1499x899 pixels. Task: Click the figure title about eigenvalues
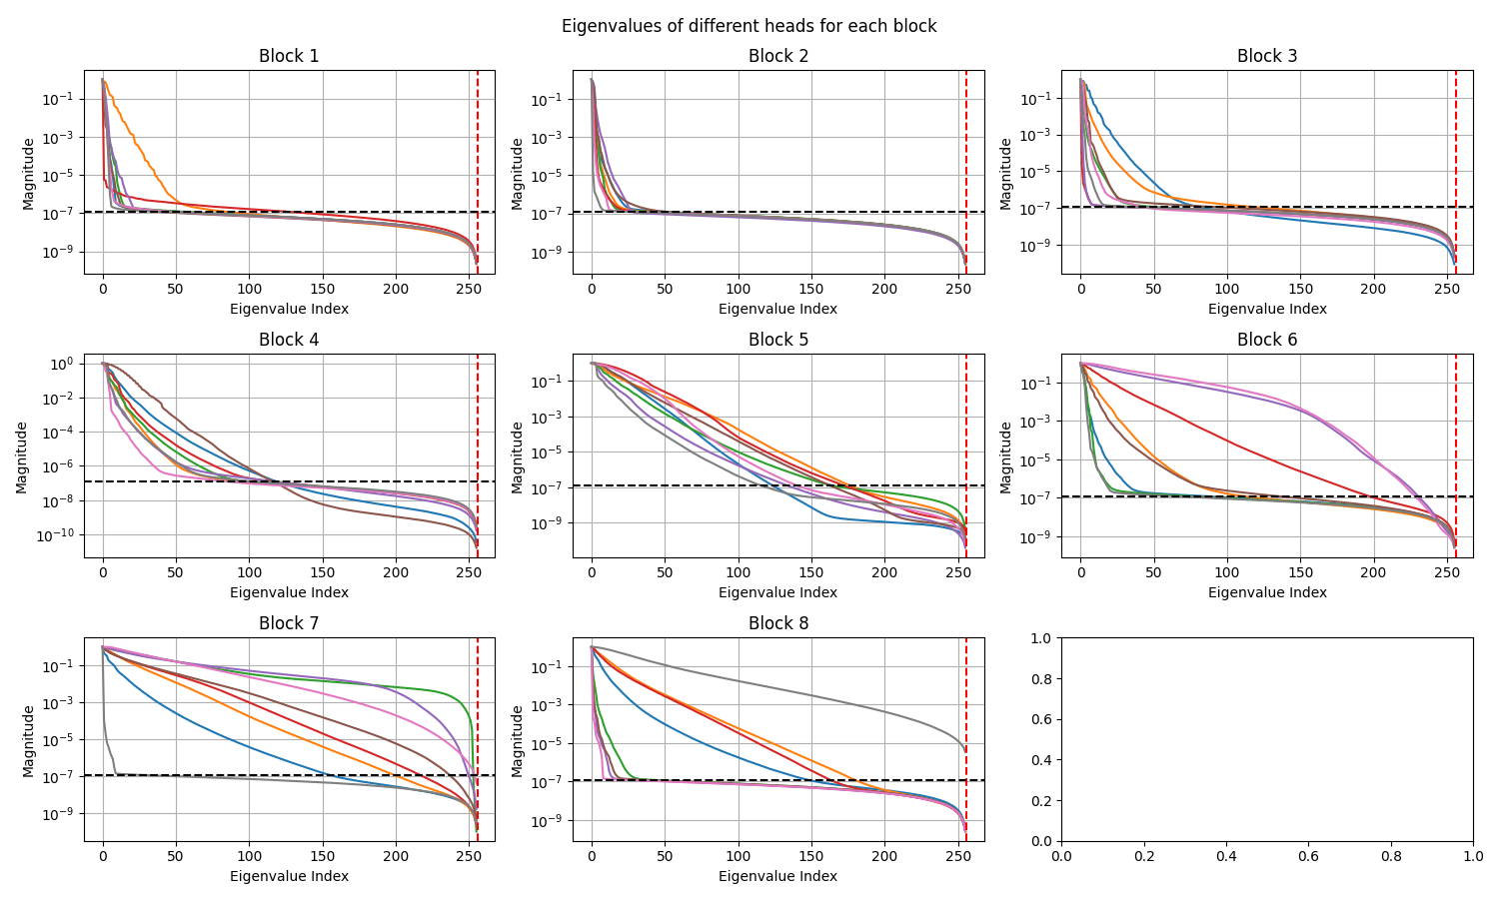click(x=749, y=26)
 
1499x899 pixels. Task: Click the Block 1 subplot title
click(x=289, y=56)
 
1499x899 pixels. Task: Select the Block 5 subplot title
click(x=777, y=340)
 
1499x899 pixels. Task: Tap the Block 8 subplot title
click(x=777, y=623)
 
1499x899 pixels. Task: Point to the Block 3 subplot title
click(x=1266, y=56)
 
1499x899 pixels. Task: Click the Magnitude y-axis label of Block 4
click(x=22, y=456)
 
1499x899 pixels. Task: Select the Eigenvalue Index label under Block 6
click(x=1266, y=592)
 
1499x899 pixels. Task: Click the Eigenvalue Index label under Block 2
click(x=777, y=309)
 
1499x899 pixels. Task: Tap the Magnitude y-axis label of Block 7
click(x=29, y=740)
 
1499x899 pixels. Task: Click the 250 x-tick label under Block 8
click(x=957, y=856)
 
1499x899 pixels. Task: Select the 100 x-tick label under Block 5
click(x=738, y=572)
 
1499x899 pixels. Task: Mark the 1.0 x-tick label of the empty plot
click(x=1472, y=856)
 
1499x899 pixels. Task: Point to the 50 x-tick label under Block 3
click(x=1153, y=289)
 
